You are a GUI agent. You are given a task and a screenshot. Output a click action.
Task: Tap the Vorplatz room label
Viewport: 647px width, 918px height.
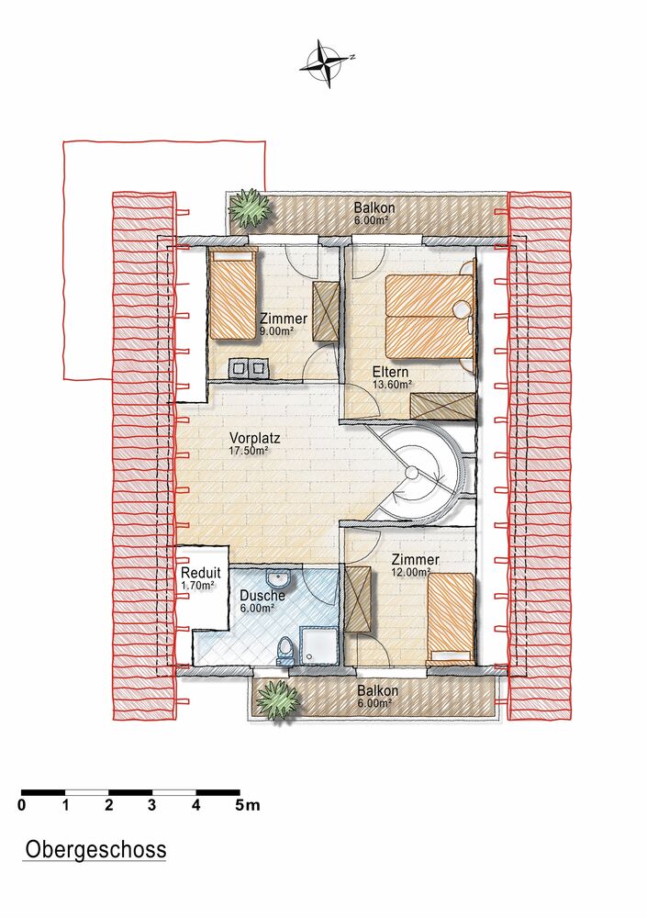click(255, 438)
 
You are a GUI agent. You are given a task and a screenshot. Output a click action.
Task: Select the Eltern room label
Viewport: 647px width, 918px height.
click(391, 372)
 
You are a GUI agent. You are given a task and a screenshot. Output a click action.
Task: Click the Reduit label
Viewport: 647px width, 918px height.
click(201, 573)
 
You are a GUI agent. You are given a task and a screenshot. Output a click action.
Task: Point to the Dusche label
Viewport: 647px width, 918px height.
click(262, 596)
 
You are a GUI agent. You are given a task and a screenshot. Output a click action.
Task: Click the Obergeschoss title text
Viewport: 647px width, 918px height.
click(95, 849)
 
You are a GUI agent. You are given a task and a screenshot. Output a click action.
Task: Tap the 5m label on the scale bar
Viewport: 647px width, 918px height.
click(247, 805)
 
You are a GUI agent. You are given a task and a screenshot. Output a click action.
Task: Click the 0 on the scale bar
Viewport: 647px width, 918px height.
click(22, 805)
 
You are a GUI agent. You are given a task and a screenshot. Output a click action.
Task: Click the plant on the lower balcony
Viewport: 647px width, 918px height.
click(277, 699)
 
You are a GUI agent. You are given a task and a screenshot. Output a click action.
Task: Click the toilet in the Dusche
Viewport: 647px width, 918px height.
click(285, 651)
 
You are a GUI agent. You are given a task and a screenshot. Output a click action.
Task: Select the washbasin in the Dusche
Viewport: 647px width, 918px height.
click(277, 577)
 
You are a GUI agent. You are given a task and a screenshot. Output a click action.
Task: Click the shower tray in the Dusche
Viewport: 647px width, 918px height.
click(318, 645)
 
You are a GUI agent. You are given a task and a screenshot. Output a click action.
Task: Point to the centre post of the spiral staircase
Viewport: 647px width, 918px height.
click(412, 473)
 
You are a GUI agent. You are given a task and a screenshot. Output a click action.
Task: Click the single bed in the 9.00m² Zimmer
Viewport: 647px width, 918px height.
click(233, 293)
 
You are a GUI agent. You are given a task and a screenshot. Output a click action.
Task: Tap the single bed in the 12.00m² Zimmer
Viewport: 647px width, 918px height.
click(451, 618)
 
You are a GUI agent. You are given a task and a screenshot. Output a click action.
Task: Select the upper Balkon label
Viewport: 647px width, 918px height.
click(374, 207)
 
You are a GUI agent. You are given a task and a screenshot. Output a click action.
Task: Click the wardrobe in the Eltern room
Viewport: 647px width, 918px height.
click(442, 407)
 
